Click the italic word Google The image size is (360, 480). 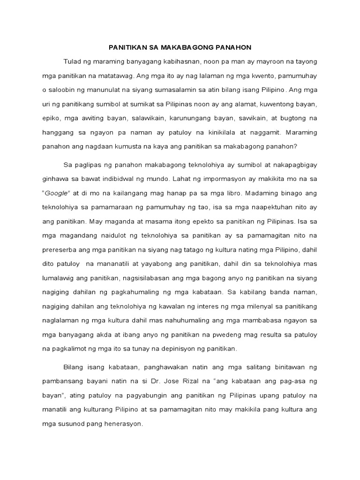(57, 193)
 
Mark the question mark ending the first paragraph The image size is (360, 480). (296, 146)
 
